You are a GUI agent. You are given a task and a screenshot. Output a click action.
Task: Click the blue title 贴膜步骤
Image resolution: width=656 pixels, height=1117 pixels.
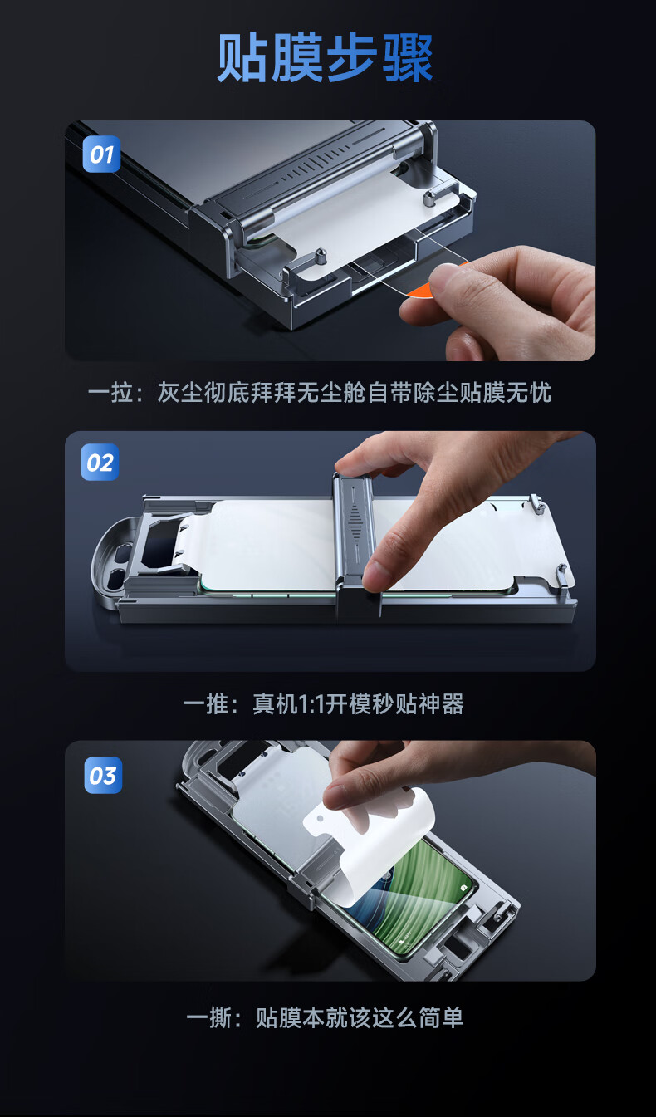325,57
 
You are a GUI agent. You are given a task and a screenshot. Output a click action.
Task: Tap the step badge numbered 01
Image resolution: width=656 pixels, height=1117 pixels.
101,154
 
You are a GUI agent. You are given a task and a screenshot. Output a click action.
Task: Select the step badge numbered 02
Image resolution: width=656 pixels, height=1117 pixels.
100,463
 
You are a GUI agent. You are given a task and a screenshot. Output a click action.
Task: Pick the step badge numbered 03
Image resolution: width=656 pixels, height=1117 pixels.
103,776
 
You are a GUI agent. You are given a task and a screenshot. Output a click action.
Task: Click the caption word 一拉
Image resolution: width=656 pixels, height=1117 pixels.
110,393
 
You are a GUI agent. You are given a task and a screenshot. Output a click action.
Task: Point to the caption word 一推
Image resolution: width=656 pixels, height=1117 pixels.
205,704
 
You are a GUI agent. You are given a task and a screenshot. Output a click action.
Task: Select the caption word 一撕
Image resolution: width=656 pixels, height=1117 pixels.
208,1018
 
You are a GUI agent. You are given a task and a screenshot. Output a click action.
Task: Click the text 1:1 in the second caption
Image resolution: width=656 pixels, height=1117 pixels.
311,704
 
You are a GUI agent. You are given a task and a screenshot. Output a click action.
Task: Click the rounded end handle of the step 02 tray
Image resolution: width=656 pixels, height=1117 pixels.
110,562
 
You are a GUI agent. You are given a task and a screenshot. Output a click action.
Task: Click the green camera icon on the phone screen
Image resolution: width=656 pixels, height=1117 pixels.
463,888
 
